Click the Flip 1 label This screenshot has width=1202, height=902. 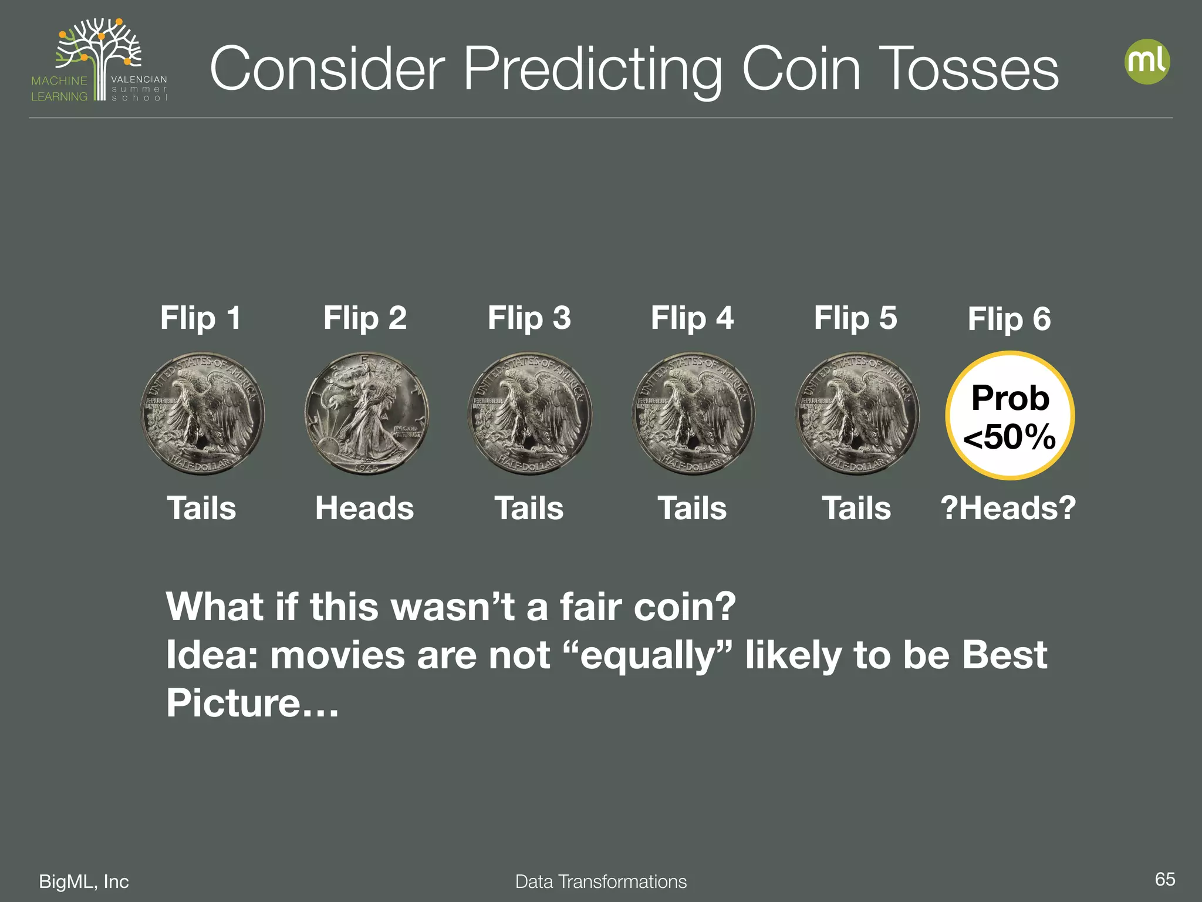(201, 318)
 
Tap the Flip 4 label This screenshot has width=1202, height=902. (692, 318)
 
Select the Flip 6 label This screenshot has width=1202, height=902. (1009, 319)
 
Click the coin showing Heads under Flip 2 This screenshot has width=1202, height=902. (366, 413)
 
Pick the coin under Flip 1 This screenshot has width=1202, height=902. (202, 413)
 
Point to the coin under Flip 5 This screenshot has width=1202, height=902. (857, 413)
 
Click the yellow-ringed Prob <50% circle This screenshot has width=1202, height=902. (1009, 416)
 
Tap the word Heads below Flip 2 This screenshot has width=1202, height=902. (364, 508)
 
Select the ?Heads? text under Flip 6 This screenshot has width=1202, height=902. (1008, 508)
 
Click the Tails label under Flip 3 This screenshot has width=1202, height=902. (529, 508)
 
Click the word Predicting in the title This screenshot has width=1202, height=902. (593, 69)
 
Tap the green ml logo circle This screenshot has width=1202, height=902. (1147, 61)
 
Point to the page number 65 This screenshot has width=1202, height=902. (1164, 879)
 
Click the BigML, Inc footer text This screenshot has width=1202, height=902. (84, 881)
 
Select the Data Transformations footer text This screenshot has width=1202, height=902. (600, 881)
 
